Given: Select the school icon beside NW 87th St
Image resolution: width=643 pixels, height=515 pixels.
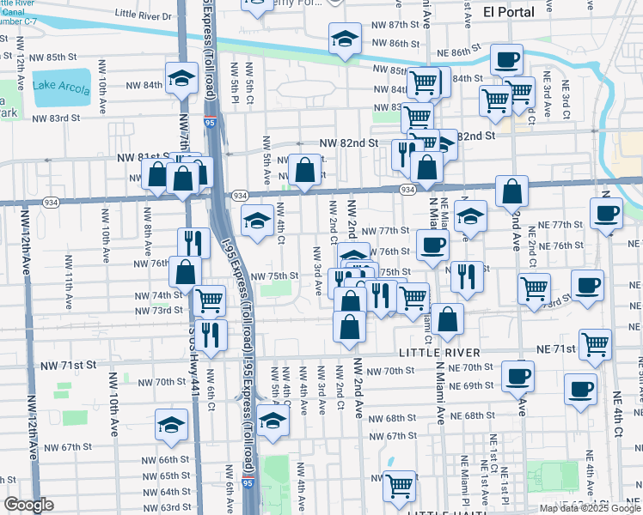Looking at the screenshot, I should [345, 39].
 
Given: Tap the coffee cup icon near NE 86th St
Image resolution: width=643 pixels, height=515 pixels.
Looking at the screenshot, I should [506, 60].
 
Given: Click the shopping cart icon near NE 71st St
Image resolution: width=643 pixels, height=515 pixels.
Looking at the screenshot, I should [595, 345].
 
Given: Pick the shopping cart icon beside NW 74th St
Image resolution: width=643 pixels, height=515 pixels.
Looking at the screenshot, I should [210, 300].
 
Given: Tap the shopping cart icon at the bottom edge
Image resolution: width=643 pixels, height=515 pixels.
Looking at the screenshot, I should [399, 486].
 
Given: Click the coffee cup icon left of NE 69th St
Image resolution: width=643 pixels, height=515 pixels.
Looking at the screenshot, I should [517, 376].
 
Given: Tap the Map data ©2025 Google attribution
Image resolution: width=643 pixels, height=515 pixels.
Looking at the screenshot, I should [590, 508].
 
